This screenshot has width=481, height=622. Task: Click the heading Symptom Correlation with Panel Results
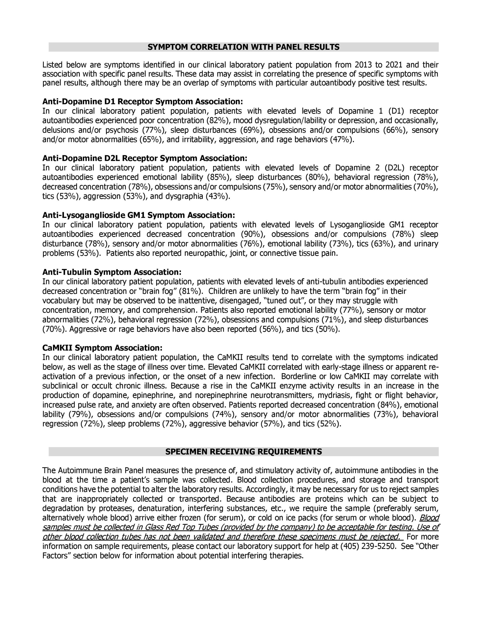[x=243, y=47]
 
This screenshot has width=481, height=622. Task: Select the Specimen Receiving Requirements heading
[x=243, y=452]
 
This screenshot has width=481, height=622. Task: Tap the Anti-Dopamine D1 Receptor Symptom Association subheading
[x=143, y=102]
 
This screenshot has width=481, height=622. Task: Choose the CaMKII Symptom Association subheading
[x=102, y=348]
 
